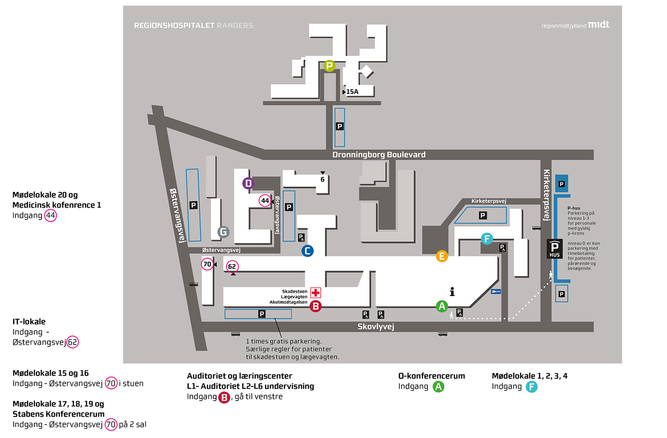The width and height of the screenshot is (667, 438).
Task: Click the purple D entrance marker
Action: (248, 183)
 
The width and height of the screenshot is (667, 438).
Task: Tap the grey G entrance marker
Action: (223, 232)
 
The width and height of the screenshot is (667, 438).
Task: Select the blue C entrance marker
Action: (307, 250)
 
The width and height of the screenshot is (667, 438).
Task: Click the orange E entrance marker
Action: (442, 256)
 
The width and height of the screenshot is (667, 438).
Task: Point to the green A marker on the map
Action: (442, 306)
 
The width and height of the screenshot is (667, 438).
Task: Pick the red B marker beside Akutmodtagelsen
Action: (316, 307)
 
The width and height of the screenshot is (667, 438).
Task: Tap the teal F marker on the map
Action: (487, 238)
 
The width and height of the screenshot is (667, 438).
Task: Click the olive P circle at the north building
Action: (329, 66)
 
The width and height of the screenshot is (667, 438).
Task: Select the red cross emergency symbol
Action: (316, 292)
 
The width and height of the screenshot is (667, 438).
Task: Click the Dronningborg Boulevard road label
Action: (379, 155)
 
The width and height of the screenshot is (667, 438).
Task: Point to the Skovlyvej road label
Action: (376, 327)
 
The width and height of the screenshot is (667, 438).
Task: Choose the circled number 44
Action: (265, 201)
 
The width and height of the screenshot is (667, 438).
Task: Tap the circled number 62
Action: (232, 266)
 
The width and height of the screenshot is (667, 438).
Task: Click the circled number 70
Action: (207, 264)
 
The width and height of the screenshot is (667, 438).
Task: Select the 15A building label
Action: (352, 92)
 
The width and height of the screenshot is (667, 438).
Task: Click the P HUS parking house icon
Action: (555, 249)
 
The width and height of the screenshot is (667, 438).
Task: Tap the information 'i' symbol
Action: (452, 292)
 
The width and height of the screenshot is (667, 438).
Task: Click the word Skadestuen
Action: (295, 292)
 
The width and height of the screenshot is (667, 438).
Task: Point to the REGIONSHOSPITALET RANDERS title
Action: (193, 26)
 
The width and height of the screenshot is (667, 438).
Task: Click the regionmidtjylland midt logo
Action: (575, 25)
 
